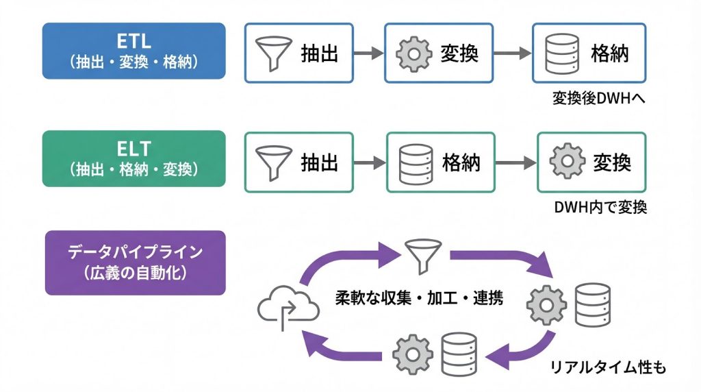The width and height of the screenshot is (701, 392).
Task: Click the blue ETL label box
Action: pyautogui.click(x=133, y=51)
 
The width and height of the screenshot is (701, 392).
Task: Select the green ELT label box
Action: pyautogui.click(x=133, y=158)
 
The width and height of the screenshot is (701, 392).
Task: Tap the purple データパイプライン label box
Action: pyautogui.click(x=134, y=262)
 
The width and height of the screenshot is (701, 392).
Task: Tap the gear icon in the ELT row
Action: pyautogui.click(x=565, y=162)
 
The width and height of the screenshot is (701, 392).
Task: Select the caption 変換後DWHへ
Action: pyautogui.click(x=600, y=99)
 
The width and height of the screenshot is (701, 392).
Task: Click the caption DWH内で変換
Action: pyautogui.click(x=600, y=207)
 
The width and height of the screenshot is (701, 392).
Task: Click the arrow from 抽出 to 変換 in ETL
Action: pyautogui.click(x=369, y=53)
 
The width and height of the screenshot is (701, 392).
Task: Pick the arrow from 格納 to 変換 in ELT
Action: pyautogui.click(x=515, y=162)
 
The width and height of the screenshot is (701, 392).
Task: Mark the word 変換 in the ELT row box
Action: pyautogui.click(x=611, y=162)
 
